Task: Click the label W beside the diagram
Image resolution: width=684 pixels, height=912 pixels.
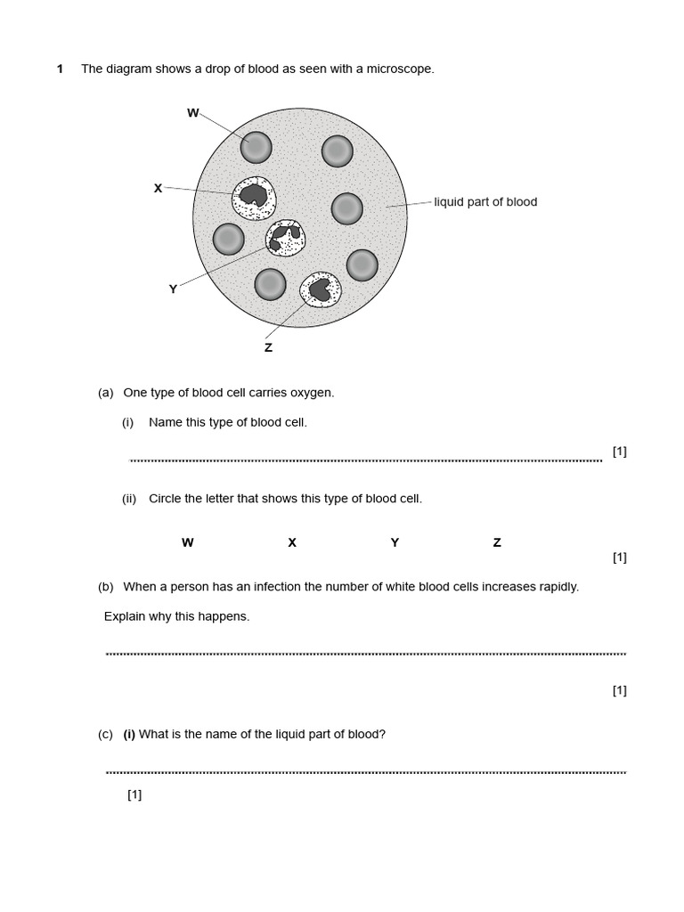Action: coord(192,113)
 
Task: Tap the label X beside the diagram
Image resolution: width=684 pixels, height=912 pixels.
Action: coord(158,188)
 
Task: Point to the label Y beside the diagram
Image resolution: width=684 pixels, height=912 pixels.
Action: coord(173,289)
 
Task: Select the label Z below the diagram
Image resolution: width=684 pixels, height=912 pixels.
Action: coord(268,347)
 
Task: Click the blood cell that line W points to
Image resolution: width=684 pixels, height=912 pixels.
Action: coord(256,147)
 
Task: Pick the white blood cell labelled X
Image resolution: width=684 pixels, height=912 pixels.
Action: coord(254,198)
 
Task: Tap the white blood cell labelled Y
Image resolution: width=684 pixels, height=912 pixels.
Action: coord(285,238)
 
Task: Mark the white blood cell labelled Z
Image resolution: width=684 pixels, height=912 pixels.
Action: coord(320,289)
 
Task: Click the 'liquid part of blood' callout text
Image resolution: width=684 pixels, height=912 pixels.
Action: coord(485,202)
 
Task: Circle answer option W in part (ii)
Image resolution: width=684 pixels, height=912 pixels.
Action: coord(187,542)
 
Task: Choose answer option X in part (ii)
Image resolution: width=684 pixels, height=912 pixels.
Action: coord(291,542)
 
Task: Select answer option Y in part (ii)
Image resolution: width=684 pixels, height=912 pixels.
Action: coord(395,542)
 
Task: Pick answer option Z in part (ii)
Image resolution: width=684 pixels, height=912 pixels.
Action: coord(497,542)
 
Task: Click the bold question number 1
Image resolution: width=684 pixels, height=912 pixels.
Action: coord(60,69)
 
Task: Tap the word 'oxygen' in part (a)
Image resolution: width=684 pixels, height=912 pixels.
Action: coord(313,393)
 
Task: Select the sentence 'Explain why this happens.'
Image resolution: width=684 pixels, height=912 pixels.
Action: coord(176,616)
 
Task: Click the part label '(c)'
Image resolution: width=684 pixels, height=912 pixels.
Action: coord(105,735)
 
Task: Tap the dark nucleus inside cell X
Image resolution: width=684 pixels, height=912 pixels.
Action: coord(254,195)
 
